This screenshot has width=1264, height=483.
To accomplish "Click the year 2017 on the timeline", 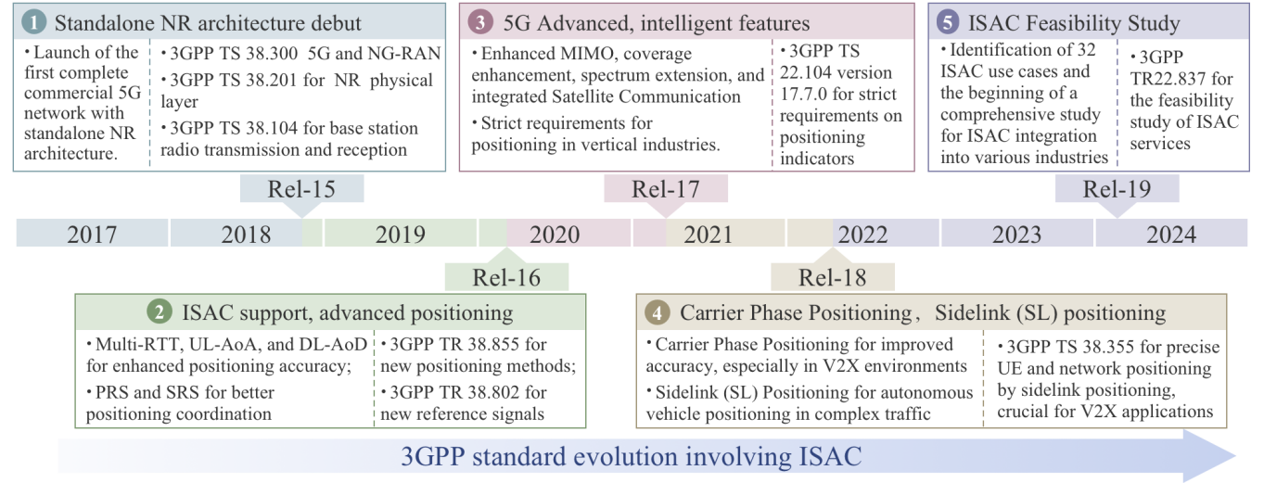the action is [x=92, y=235].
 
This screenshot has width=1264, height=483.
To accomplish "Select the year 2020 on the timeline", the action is [x=555, y=235].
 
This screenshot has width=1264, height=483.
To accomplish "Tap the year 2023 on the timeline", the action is [x=1016, y=235].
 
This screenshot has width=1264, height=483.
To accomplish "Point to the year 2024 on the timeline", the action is [x=1171, y=235].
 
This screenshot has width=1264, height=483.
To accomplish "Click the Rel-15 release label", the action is [x=301, y=189].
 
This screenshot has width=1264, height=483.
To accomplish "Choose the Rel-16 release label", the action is [x=506, y=277].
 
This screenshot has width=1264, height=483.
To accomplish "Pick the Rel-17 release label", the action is [x=665, y=189].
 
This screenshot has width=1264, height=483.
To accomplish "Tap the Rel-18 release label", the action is [x=833, y=277].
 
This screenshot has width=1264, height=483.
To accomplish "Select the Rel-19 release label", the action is [x=1117, y=189].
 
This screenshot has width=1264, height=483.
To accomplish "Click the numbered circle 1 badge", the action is [x=34, y=22].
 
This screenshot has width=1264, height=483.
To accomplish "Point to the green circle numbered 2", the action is [x=160, y=312].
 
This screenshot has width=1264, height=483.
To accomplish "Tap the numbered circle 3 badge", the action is [x=480, y=22].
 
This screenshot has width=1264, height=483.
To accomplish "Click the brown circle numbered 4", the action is [x=657, y=312].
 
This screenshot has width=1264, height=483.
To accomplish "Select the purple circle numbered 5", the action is [x=948, y=22].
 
